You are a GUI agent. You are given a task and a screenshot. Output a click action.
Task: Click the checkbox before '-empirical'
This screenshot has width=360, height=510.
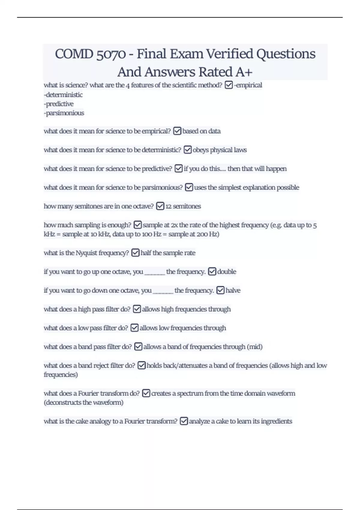(x=229, y=85)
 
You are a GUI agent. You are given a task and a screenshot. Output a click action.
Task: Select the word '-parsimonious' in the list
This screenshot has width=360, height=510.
(x=64, y=113)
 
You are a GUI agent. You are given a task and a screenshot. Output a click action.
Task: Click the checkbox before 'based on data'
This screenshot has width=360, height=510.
(x=177, y=131)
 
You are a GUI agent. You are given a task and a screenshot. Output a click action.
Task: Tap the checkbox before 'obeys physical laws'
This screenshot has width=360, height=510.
(x=187, y=150)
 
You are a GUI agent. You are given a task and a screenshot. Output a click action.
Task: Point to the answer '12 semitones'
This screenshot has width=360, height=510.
(x=183, y=206)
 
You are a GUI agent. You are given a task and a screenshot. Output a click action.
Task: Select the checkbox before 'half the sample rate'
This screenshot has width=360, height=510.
(x=136, y=253)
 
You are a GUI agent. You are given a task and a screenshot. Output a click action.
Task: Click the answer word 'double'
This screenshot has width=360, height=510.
(x=226, y=272)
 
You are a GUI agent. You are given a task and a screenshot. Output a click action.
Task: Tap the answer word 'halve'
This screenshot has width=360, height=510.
(x=233, y=290)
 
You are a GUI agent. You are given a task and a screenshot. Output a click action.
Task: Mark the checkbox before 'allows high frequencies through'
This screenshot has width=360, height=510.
(x=137, y=309)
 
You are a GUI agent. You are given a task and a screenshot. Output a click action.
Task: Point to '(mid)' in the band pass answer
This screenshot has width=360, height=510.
(x=254, y=347)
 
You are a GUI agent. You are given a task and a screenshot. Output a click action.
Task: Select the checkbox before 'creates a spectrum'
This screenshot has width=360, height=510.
(x=146, y=393)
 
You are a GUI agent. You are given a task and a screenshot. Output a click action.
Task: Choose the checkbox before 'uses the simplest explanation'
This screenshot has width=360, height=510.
(x=189, y=187)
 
